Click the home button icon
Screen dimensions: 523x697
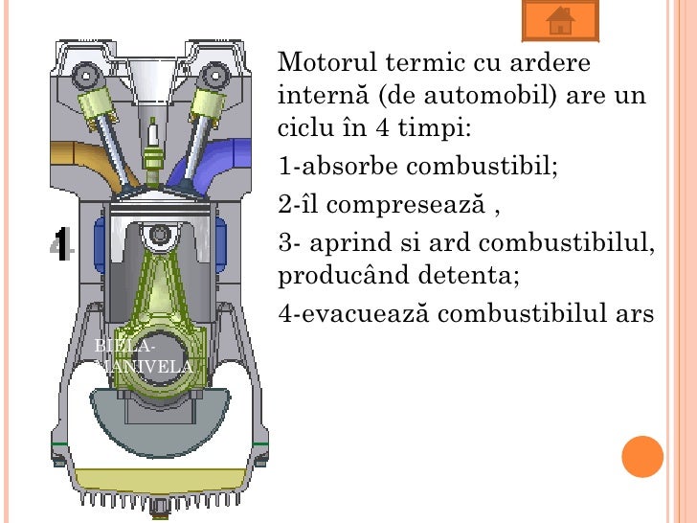tap(561, 20)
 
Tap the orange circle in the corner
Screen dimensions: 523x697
tap(642, 456)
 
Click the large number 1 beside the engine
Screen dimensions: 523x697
tap(60, 246)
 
